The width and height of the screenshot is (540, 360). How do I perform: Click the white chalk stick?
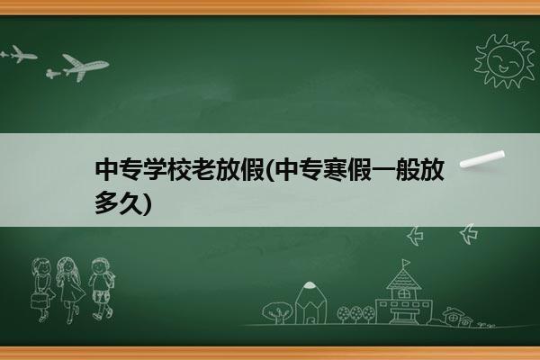click(x=482, y=159)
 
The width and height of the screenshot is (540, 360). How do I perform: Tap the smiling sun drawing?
click(x=504, y=60)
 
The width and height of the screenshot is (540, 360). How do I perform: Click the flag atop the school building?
click(x=406, y=263)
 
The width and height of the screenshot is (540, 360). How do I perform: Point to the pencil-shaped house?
click(x=310, y=302)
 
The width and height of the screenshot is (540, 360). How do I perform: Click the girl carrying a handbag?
click(x=42, y=289)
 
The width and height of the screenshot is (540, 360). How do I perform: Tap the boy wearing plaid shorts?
click(x=101, y=289)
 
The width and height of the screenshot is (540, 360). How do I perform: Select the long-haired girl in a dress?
click(x=70, y=290)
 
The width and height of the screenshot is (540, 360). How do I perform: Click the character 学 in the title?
click(x=155, y=170)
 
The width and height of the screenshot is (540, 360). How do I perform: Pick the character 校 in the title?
click(x=179, y=170)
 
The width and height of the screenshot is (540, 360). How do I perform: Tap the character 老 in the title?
click(x=203, y=170)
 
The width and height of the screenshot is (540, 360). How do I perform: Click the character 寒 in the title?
click(x=335, y=170)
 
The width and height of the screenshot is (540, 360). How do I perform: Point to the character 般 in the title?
click(x=408, y=170)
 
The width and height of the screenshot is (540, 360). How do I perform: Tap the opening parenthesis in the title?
click(x=270, y=170)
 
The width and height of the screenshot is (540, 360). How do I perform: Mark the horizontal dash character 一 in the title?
click(x=383, y=170)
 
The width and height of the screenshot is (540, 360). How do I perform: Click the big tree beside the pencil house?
click(x=276, y=312)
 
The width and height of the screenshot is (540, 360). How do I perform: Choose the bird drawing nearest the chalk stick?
click(x=469, y=234)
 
